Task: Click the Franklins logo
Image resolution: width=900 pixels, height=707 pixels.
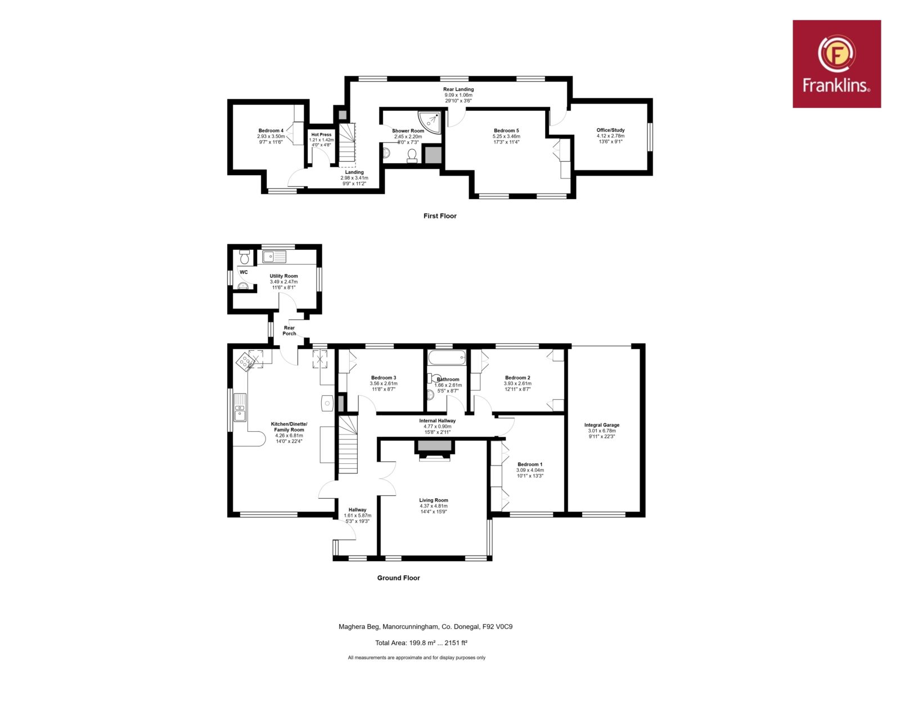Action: (836, 64)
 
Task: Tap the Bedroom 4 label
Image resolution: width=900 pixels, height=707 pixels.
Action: (271, 131)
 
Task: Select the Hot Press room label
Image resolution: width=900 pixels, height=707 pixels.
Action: (321, 135)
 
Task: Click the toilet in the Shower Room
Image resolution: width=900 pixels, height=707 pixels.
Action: (412, 156)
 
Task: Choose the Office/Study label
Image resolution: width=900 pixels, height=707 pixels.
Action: (610, 130)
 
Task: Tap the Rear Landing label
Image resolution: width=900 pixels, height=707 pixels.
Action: (458, 89)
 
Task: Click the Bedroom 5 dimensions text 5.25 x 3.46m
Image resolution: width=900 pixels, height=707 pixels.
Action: (506, 136)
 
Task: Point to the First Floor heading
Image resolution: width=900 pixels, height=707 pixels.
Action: (440, 216)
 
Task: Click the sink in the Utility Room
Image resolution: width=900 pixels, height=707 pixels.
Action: (274, 257)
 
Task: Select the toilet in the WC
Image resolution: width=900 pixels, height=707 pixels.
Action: (244, 257)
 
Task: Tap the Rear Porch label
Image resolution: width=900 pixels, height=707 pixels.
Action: (289, 331)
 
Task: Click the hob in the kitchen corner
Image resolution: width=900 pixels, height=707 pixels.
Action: (245, 362)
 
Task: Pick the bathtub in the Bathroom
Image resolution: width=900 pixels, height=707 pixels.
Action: (447, 357)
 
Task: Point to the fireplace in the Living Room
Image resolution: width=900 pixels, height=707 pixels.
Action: (434, 450)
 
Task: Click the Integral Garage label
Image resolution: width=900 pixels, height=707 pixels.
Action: (602, 425)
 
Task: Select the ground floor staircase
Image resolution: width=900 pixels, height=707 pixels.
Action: (348, 445)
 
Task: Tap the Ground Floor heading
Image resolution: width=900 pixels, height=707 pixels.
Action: (398, 578)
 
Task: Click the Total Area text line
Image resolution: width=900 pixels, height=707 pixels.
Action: (421, 643)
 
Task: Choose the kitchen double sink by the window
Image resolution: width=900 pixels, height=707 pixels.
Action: (240, 407)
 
